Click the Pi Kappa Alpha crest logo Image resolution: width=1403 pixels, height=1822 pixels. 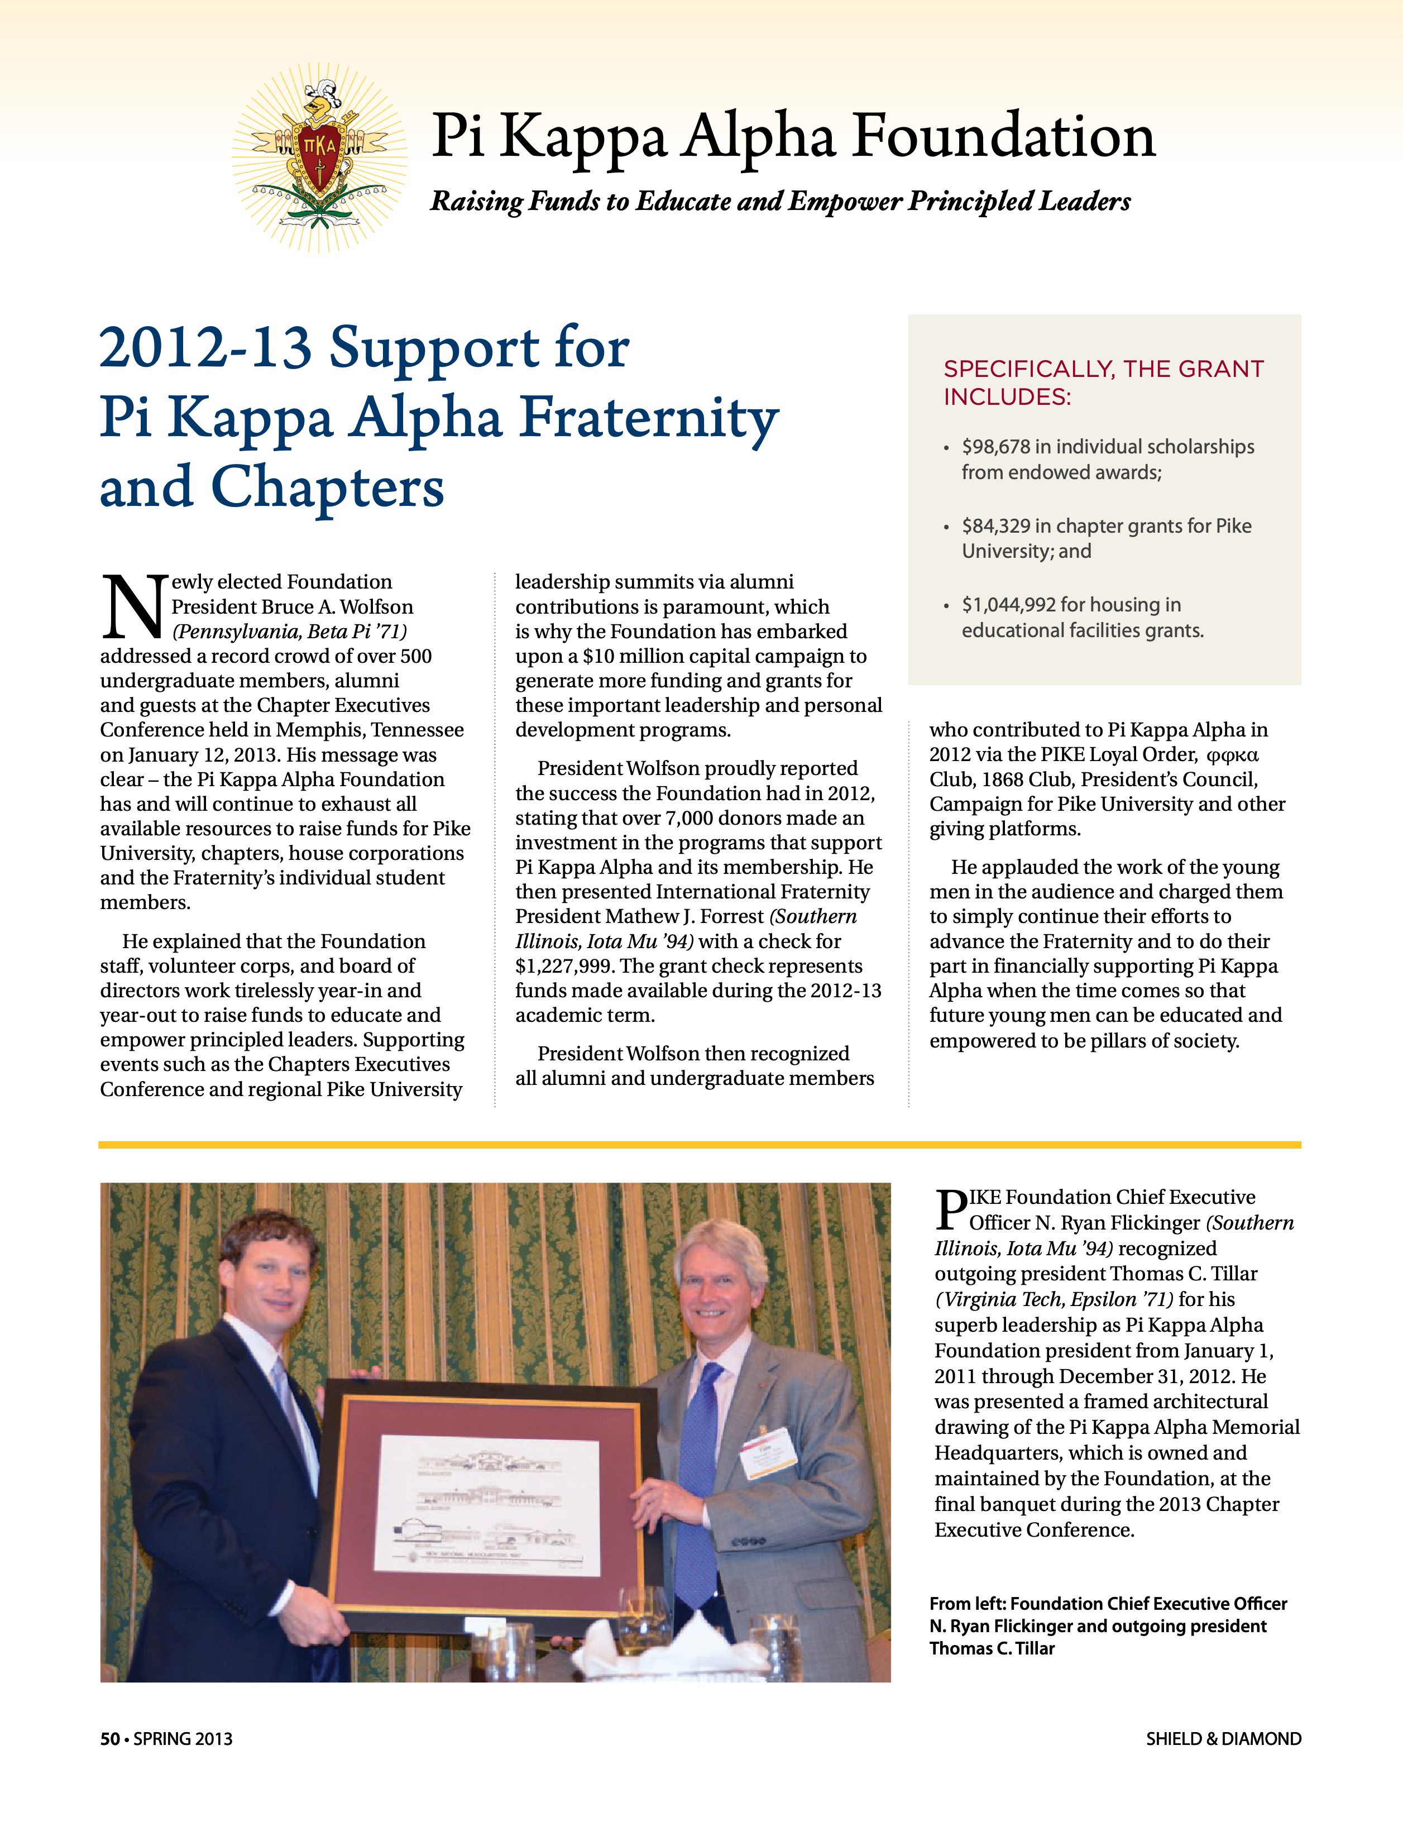coord(319,156)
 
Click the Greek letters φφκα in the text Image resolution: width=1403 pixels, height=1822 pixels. coord(1233,755)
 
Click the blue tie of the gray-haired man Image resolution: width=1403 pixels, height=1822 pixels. coord(699,1476)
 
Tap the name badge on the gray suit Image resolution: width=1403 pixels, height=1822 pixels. coord(768,1452)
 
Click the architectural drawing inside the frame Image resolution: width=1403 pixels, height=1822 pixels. coord(490,1506)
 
